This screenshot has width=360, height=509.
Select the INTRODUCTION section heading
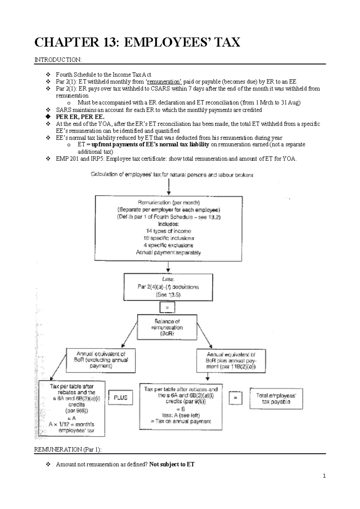click(58, 60)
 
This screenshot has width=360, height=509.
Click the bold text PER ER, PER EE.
click(80, 117)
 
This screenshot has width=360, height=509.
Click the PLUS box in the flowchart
click(120, 397)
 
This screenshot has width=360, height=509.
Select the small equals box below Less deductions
click(167, 308)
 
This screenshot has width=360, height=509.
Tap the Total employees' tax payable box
click(276, 399)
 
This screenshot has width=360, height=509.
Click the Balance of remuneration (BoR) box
click(167, 327)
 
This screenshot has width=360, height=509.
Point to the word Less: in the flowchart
click(168, 279)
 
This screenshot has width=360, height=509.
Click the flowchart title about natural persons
click(172, 175)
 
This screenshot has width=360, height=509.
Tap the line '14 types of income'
click(168, 231)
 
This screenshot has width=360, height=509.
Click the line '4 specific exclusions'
click(168, 245)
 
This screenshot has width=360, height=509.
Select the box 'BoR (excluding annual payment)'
click(101, 360)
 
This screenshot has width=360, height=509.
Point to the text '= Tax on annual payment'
click(181, 421)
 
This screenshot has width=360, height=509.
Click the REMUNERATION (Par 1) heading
click(68, 449)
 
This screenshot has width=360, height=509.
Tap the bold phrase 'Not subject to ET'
click(172, 464)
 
